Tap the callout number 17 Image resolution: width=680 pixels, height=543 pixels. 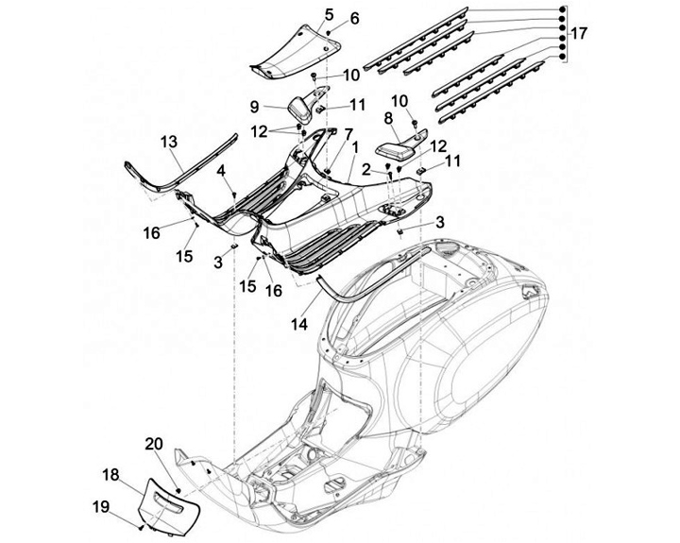(579, 33)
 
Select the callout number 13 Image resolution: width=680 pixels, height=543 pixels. (169, 142)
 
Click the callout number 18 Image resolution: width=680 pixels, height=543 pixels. (110, 474)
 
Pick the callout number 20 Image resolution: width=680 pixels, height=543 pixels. (154, 444)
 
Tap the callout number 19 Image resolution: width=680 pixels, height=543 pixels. (101, 506)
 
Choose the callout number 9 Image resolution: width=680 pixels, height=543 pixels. (255, 107)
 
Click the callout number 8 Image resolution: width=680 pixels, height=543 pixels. (388, 118)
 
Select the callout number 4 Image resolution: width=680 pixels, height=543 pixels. (221, 171)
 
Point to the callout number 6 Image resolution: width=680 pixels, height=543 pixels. (354, 18)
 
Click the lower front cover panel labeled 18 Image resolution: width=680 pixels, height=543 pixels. (169, 506)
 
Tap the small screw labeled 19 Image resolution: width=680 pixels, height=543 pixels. (141, 528)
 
